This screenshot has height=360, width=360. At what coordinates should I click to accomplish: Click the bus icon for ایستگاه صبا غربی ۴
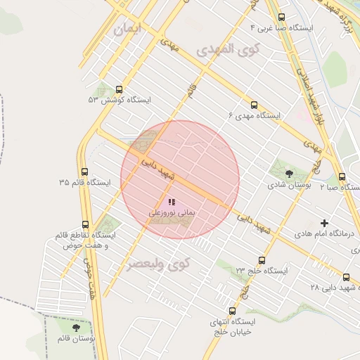tap(282, 18)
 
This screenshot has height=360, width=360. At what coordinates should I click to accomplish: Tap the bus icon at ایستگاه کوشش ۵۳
tap(118, 90)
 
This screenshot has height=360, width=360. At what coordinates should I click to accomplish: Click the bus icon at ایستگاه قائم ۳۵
tap(84, 172)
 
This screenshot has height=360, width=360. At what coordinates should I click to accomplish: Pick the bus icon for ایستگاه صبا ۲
tap(342, 177)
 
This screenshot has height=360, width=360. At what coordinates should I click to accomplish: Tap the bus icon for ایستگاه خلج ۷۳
tap(262, 260)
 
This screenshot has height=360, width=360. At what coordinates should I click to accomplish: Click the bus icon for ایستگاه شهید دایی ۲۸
tap(346, 277)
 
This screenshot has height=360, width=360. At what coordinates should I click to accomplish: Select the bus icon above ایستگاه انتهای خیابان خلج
tap(232, 311)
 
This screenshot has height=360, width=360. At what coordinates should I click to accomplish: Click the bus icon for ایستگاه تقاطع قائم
tap(94, 223)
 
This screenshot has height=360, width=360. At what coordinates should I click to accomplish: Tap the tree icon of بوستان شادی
tap(289, 173)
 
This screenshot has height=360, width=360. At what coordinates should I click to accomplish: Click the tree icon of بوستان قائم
tap(76, 328)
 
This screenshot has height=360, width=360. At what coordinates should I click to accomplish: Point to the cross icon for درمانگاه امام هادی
tap(324, 223)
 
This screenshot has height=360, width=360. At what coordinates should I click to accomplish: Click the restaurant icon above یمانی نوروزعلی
tap(172, 202)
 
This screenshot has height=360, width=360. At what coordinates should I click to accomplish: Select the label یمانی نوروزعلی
tap(172, 212)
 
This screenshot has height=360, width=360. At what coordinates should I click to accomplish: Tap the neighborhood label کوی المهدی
tap(228, 50)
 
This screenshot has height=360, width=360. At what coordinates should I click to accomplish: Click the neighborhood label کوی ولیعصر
tap(159, 265)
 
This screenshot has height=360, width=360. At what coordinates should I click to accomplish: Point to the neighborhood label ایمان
tap(127, 29)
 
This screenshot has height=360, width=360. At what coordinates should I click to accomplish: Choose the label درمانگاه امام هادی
tap(324, 233)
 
